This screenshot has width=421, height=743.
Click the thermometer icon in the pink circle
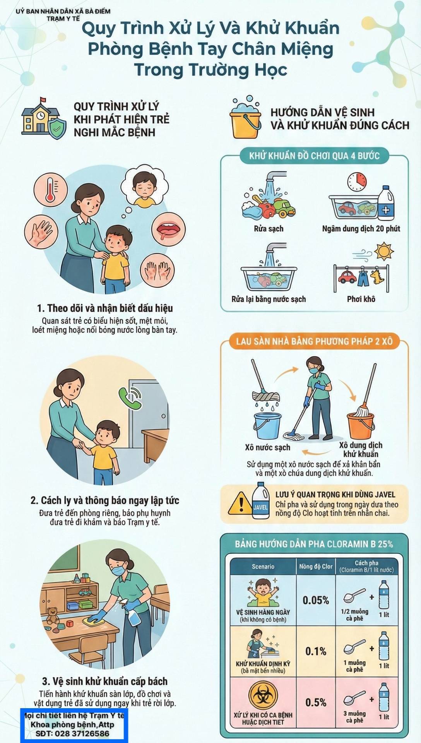[50, 191]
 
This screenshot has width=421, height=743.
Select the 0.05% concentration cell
[316, 600]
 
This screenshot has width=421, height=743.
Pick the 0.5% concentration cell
[316, 702]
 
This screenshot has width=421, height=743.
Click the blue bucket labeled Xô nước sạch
[267, 426]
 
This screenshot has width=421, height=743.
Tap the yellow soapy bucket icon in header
[245, 119]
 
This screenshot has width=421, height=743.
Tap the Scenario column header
[263, 566]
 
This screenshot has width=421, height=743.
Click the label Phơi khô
[361, 299]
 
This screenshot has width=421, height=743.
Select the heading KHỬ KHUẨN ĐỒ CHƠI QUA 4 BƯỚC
[314, 156]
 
